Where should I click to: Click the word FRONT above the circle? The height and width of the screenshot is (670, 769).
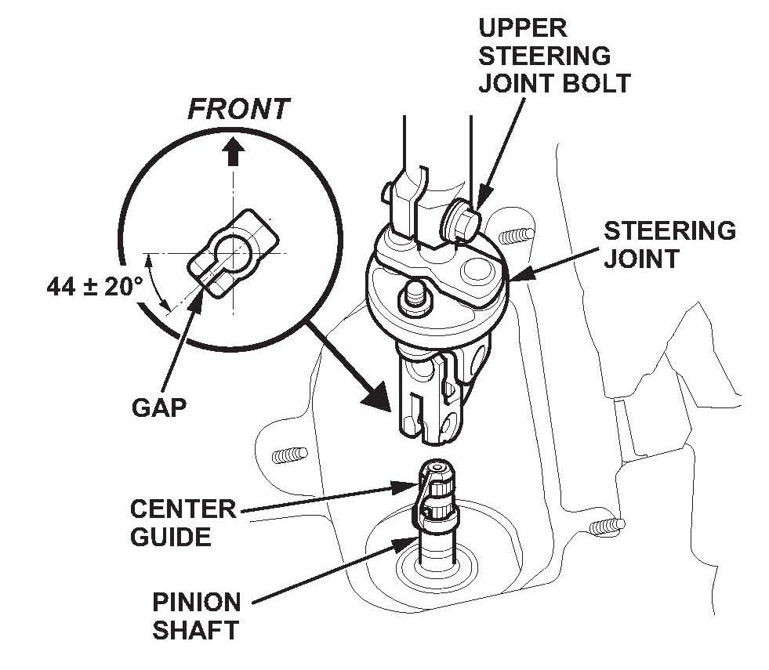(x=238, y=110)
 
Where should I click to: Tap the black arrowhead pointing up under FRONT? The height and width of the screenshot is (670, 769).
(x=231, y=153)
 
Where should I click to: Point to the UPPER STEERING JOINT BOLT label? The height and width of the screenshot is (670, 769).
(x=555, y=56)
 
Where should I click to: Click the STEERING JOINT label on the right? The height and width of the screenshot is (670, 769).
(x=669, y=244)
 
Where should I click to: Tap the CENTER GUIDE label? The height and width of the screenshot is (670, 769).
(x=183, y=523)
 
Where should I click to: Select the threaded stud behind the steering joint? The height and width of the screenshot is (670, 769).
(x=514, y=234)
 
